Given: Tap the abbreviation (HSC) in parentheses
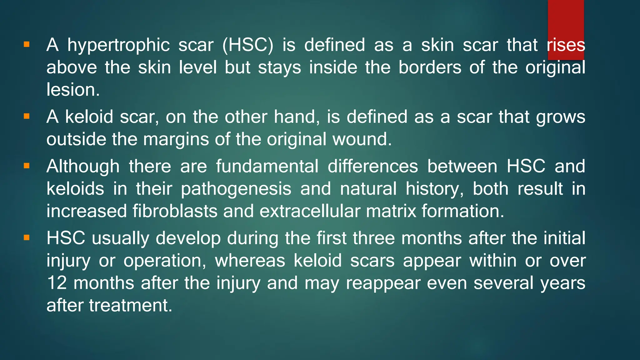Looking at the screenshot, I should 248,45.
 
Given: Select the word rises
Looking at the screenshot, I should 566,45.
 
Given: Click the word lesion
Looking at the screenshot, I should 73,90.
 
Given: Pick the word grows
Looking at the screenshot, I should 561,117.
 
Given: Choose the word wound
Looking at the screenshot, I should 362,139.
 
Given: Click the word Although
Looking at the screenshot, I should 83,166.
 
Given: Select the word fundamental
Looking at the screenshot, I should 267,166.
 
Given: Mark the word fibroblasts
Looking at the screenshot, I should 175,211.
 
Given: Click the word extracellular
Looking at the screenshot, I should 310,211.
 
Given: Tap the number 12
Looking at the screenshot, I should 57,283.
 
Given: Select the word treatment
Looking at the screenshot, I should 130,306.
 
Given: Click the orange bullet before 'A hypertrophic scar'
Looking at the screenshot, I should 27,45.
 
